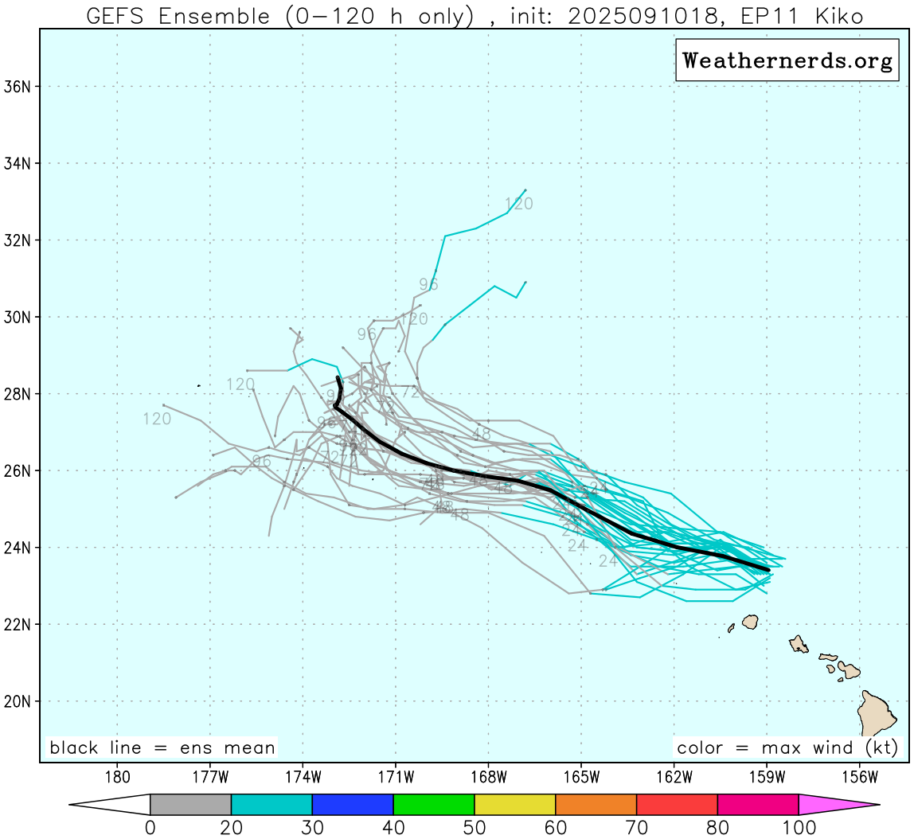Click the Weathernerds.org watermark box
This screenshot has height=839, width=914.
[x=787, y=61]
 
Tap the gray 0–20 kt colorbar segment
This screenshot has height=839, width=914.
[x=190, y=805]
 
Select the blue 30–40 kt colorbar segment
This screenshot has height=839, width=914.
[x=353, y=805]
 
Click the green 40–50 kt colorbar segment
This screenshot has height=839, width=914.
[x=434, y=805]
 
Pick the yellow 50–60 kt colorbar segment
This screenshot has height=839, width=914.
[x=515, y=805]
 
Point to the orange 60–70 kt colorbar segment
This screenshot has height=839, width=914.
[x=596, y=805]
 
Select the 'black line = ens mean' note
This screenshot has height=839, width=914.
[x=162, y=748]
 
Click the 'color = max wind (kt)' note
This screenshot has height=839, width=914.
[x=787, y=748]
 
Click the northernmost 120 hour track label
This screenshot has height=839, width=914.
[x=518, y=205]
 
